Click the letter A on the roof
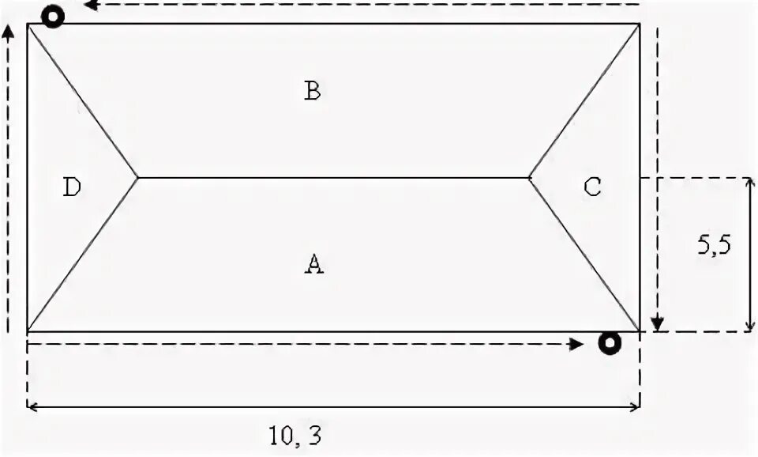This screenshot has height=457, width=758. tap(314, 264)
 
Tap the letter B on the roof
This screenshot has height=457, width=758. tap(313, 91)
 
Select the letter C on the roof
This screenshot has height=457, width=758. tap(592, 187)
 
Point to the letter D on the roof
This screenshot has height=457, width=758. tap(72, 187)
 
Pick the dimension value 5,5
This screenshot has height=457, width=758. tap(714, 244)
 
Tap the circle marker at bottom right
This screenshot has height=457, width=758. tap(609, 343)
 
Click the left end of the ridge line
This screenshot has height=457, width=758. tap(138, 178)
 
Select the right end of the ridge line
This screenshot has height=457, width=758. tap(529, 178)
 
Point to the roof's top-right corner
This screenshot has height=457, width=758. tap(639, 24)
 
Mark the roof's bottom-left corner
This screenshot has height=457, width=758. tap(28, 331)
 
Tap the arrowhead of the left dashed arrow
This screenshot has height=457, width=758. tap(9, 30)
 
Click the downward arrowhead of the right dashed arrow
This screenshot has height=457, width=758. tap(657, 324)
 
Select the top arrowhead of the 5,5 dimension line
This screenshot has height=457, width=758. tap(749, 183)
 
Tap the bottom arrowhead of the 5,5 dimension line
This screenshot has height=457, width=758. tap(749, 326)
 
